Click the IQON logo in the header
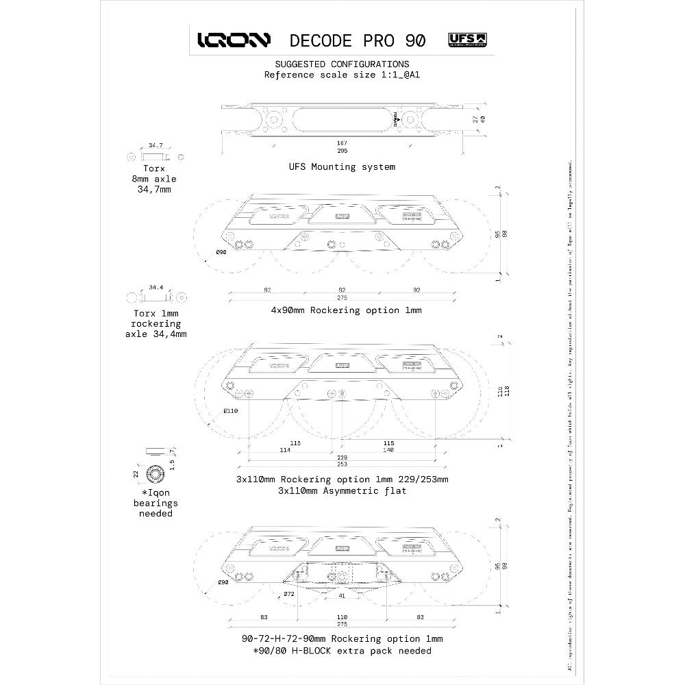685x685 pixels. [234, 40]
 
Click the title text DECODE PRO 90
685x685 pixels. [357, 40]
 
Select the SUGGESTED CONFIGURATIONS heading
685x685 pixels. [342, 64]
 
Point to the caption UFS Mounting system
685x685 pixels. [342, 166]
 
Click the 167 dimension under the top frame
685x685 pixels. [340, 143]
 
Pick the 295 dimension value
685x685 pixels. [340, 151]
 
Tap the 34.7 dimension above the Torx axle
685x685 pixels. [155, 146]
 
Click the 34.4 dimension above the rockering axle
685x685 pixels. [155, 288]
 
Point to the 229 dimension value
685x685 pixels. [340, 457]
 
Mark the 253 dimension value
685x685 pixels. [340, 465]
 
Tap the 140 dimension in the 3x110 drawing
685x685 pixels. [388, 450]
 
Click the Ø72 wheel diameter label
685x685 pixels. [289, 594]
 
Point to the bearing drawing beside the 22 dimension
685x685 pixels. [156, 473]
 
